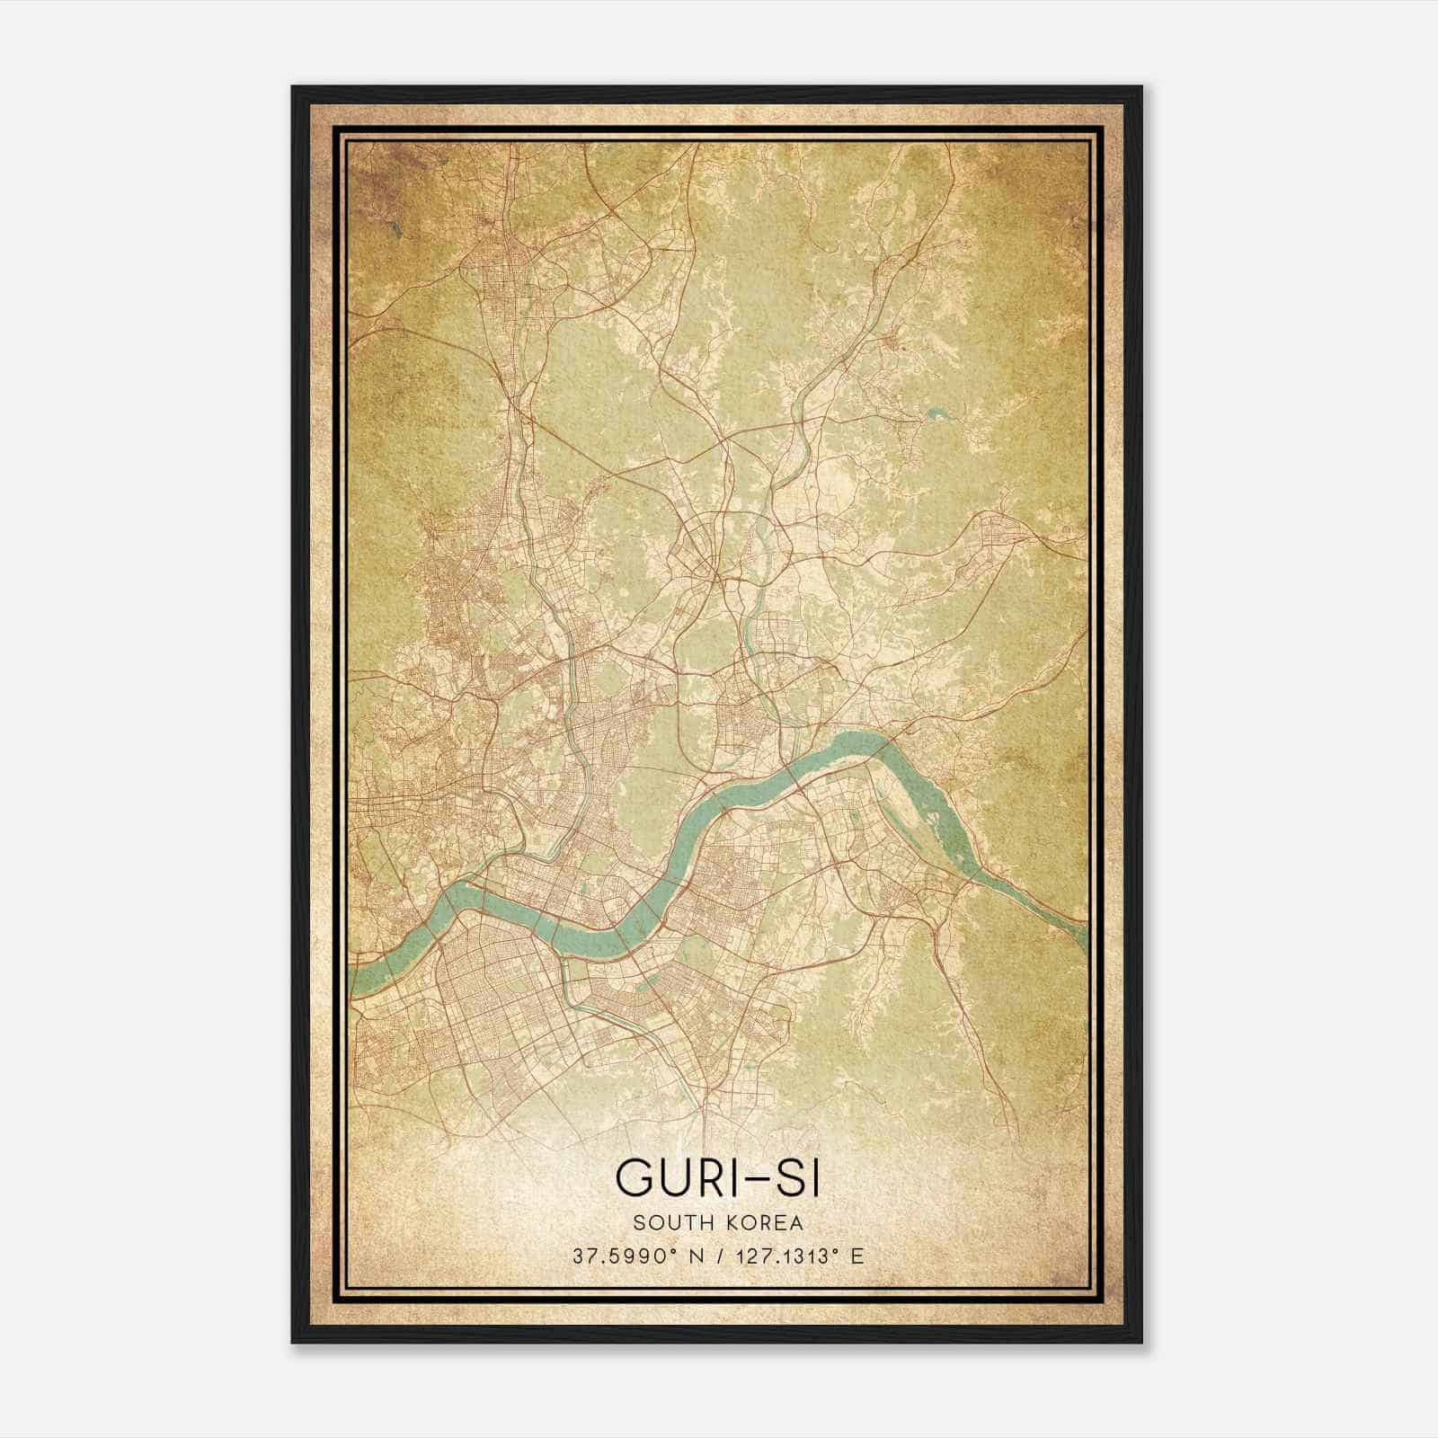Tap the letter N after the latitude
click(690, 1256)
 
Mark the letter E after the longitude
click(857, 1256)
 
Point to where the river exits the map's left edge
click(352, 982)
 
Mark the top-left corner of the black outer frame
click(293, 87)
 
